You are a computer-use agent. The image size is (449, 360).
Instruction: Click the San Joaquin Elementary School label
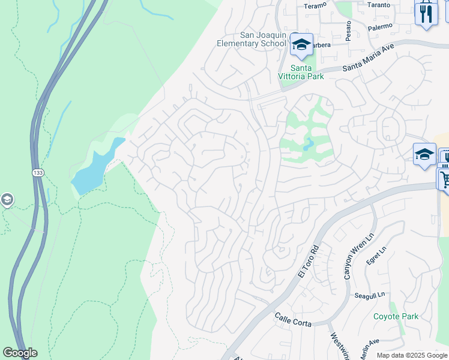tap(252, 39)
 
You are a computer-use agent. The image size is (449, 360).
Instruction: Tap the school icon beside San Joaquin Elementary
tap(301, 44)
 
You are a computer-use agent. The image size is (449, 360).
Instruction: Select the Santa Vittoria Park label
tap(300, 71)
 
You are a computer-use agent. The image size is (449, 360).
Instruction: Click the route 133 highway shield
tap(38, 172)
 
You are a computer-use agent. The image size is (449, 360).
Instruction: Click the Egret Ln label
tap(377, 256)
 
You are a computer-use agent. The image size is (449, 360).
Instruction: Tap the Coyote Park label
tap(396, 316)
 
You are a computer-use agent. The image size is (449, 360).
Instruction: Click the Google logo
tap(20, 353)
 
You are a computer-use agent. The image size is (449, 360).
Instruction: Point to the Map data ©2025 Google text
tap(411, 355)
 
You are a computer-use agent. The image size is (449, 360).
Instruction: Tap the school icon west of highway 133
tap(7, 199)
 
